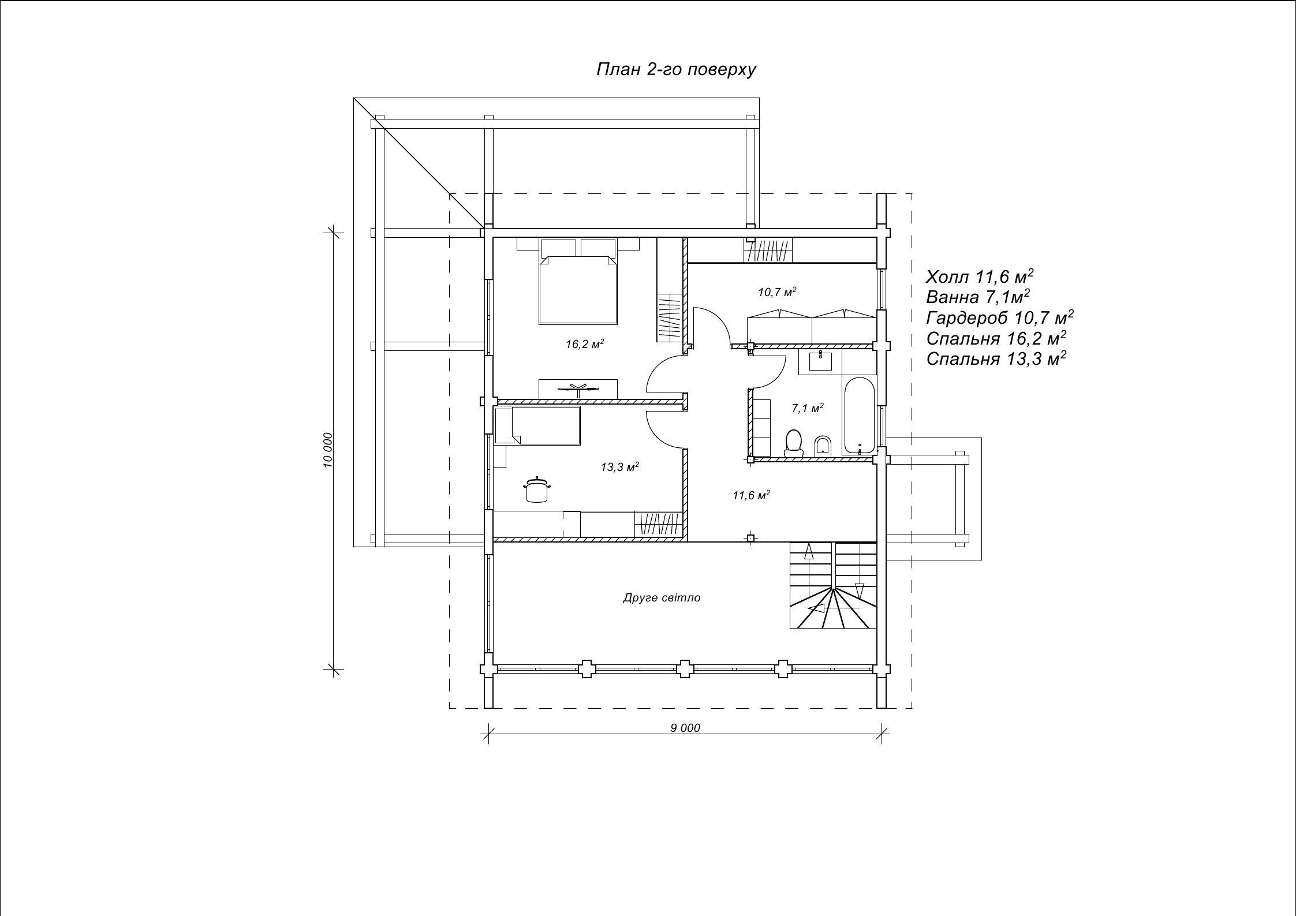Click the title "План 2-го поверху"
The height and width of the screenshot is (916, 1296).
coord(676,70)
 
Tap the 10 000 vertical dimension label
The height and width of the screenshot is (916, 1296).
coord(328,450)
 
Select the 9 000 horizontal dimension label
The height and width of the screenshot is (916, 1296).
coord(685,728)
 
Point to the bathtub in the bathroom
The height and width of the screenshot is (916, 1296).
coord(860,415)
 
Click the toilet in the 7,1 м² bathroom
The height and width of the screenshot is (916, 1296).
coord(794,443)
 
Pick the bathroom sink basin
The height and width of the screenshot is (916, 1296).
coord(820,361)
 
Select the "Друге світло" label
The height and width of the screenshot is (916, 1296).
coord(662,597)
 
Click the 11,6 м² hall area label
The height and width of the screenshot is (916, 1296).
coord(752,495)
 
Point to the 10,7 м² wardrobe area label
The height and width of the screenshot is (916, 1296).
coord(777,292)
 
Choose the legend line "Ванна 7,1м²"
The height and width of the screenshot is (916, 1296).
coord(978,297)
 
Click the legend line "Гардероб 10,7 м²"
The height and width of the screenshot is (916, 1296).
coord(1000,317)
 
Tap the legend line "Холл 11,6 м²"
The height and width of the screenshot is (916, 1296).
coord(980,276)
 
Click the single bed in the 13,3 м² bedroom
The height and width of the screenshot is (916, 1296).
coord(537,425)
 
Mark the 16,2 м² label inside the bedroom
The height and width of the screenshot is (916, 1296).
coord(585,344)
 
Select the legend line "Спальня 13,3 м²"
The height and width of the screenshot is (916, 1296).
coord(996,358)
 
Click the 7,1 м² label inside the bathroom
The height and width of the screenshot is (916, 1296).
coord(807,408)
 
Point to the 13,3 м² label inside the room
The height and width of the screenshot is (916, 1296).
coord(620,466)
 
